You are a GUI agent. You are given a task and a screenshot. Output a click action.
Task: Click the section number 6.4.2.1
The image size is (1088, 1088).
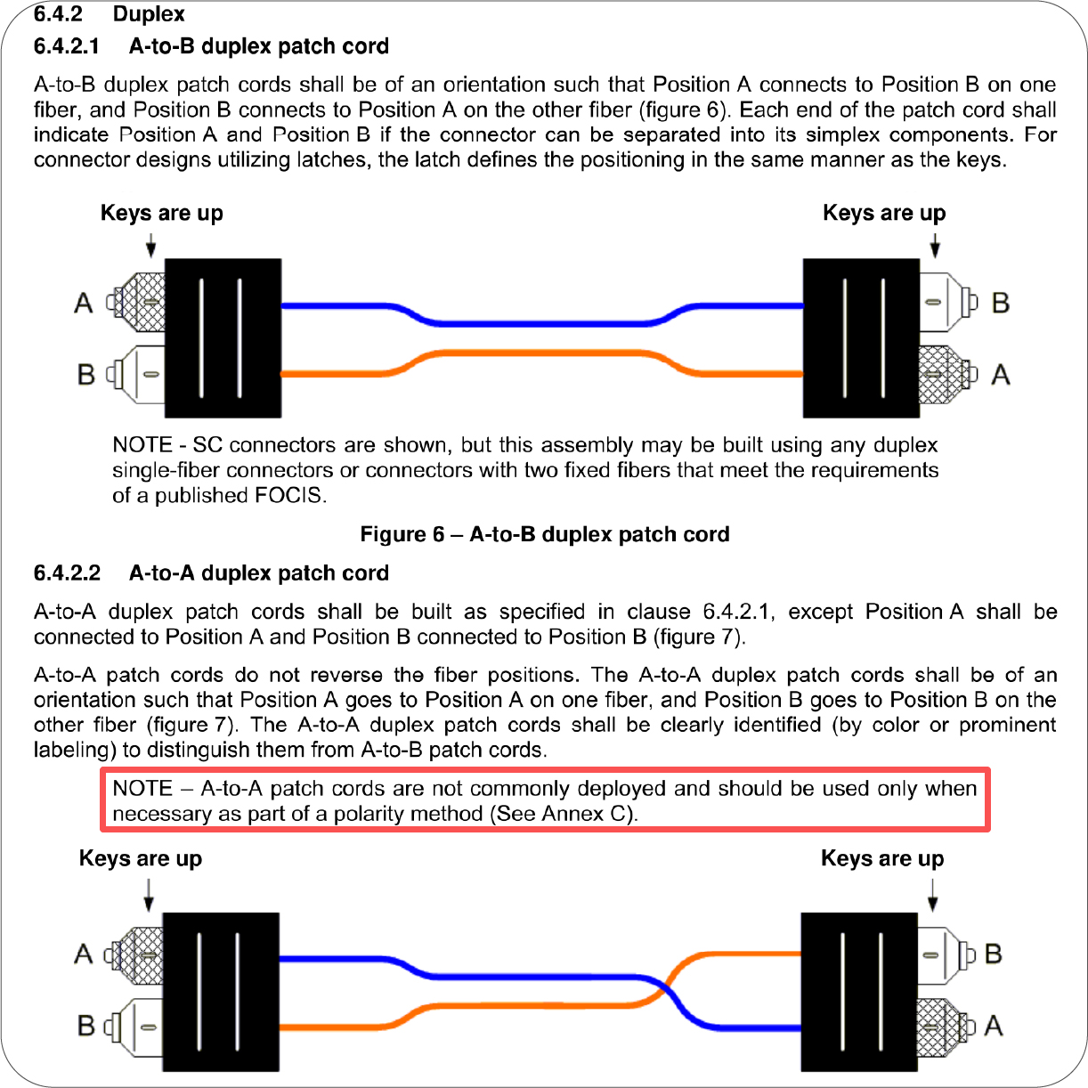(x=67, y=46)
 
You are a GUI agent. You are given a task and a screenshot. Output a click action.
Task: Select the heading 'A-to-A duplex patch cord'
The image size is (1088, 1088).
(x=258, y=572)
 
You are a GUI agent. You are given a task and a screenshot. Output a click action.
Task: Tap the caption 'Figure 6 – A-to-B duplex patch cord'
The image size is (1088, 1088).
(x=544, y=534)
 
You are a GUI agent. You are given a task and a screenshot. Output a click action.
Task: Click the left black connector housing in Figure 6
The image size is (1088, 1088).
(x=223, y=338)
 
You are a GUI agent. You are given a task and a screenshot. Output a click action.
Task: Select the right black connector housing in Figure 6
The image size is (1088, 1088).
(x=861, y=338)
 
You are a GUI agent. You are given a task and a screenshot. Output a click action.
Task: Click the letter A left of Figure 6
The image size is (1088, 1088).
(x=84, y=304)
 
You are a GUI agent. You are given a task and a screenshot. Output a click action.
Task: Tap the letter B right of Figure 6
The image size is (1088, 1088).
(x=1000, y=304)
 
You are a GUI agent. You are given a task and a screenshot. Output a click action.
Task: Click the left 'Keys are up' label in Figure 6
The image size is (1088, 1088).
(x=161, y=214)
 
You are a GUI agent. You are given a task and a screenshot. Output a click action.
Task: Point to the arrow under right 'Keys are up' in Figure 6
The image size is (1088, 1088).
(x=934, y=245)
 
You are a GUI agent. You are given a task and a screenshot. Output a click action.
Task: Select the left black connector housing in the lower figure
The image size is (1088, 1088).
(x=221, y=991)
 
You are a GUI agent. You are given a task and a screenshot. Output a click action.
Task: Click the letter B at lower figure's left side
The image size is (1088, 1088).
(x=85, y=1026)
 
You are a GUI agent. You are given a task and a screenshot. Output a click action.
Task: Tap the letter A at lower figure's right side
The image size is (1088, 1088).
(x=994, y=1026)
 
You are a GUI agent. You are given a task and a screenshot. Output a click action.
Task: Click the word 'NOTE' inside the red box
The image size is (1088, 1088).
(x=142, y=789)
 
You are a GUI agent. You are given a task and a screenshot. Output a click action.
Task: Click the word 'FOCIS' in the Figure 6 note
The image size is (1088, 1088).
(x=288, y=495)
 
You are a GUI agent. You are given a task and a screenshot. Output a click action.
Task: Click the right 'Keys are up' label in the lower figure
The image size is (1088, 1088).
(x=881, y=859)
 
